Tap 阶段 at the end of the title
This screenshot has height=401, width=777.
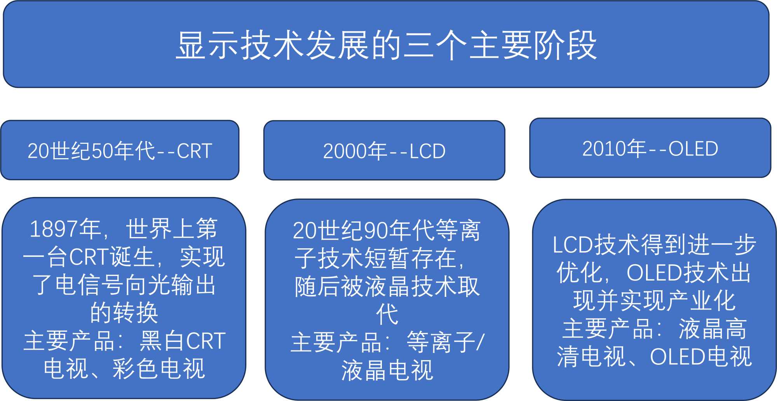[x=565, y=45]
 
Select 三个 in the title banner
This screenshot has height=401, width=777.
[x=435, y=45]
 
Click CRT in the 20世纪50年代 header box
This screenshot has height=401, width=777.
[x=195, y=151]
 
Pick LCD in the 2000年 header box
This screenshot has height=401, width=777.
[x=428, y=151]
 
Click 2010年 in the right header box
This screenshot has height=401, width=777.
[x=614, y=148]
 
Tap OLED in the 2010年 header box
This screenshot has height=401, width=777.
[x=693, y=149]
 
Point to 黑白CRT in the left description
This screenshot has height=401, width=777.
[x=183, y=340]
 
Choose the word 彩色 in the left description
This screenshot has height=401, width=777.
[x=136, y=368]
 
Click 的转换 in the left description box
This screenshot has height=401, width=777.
[x=124, y=312]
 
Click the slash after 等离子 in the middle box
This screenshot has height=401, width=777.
[x=480, y=342]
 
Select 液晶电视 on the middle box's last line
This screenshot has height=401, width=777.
[x=387, y=370]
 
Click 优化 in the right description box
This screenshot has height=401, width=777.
[x=580, y=272]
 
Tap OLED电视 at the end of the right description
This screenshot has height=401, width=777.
[x=701, y=356]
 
